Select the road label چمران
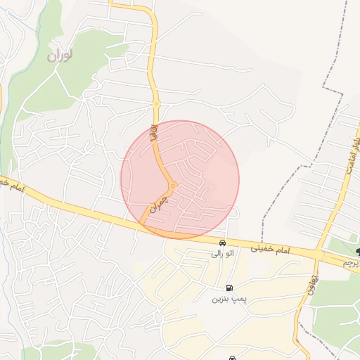pos(160,203)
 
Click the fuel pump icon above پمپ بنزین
pos(229,287)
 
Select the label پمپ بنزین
pos(228,299)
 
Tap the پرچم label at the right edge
pos(350,262)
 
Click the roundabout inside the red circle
pos(172,186)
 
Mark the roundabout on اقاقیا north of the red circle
pos(156,104)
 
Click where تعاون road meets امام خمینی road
pos(318,254)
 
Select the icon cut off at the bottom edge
pos(232,357)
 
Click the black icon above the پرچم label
pos(357,251)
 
